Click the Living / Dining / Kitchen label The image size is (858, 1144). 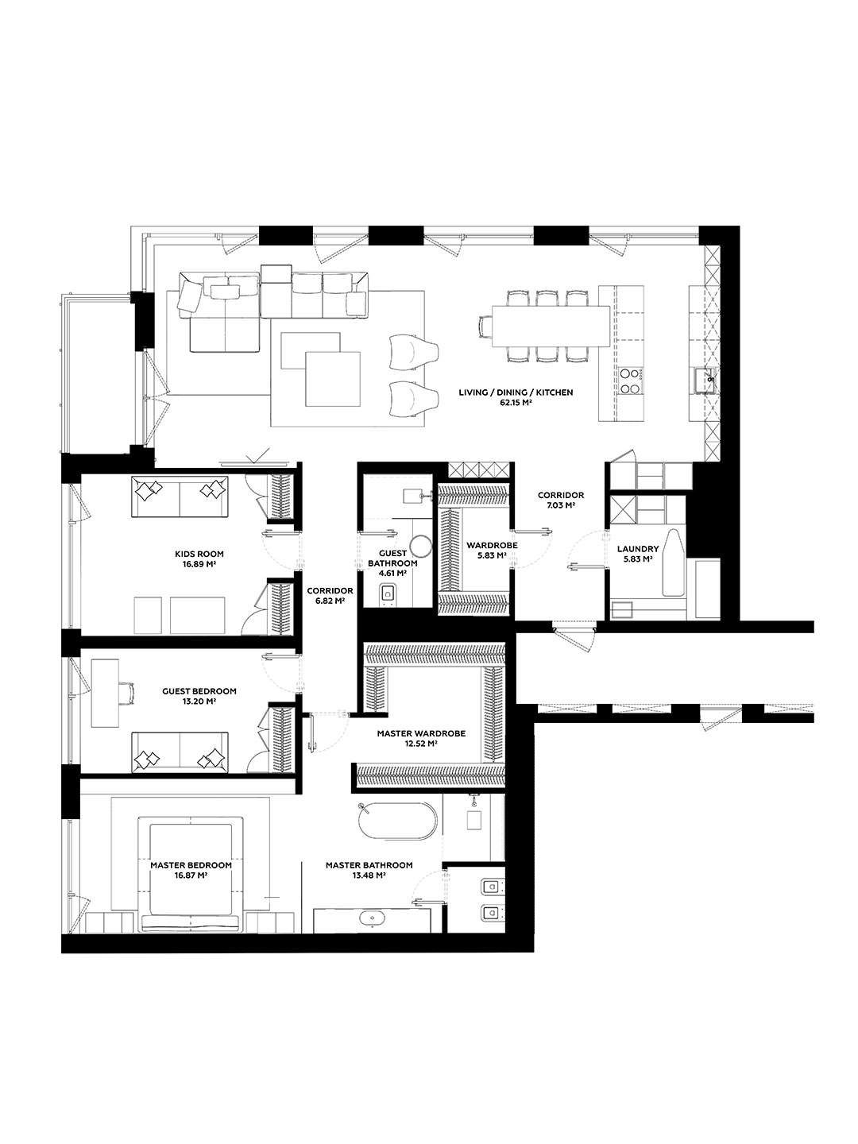pos(516,392)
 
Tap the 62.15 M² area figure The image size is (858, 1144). pos(515,403)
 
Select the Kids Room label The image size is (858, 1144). pos(199,554)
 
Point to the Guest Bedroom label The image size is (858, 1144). pos(199,691)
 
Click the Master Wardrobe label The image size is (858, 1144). pos(421,733)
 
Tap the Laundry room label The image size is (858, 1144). pos(638,549)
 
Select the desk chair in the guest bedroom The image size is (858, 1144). pos(126,693)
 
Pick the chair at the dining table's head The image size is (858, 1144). pos(485,327)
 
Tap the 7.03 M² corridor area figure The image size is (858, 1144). pos(561,505)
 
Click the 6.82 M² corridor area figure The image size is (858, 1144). pos(330,601)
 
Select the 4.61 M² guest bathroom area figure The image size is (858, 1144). pos(392,573)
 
